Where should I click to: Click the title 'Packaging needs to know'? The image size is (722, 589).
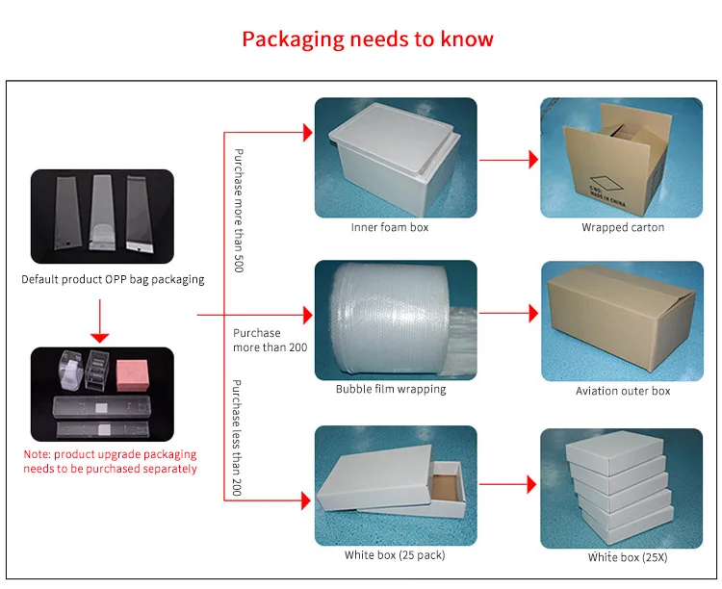point(367,39)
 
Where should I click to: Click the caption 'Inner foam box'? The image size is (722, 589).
point(389,228)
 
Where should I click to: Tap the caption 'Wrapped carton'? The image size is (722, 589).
point(622,228)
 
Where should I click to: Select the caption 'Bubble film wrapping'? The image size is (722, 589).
point(391,390)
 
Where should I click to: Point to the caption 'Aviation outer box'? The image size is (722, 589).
point(622,391)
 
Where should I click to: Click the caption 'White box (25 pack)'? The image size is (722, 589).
point(395,555)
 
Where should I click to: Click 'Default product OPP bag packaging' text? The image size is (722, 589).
point(113,280)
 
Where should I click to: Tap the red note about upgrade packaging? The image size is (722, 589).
point(110,461)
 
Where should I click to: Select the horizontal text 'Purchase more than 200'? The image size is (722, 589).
point(270,340)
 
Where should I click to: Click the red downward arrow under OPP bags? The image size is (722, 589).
point(98,322)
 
